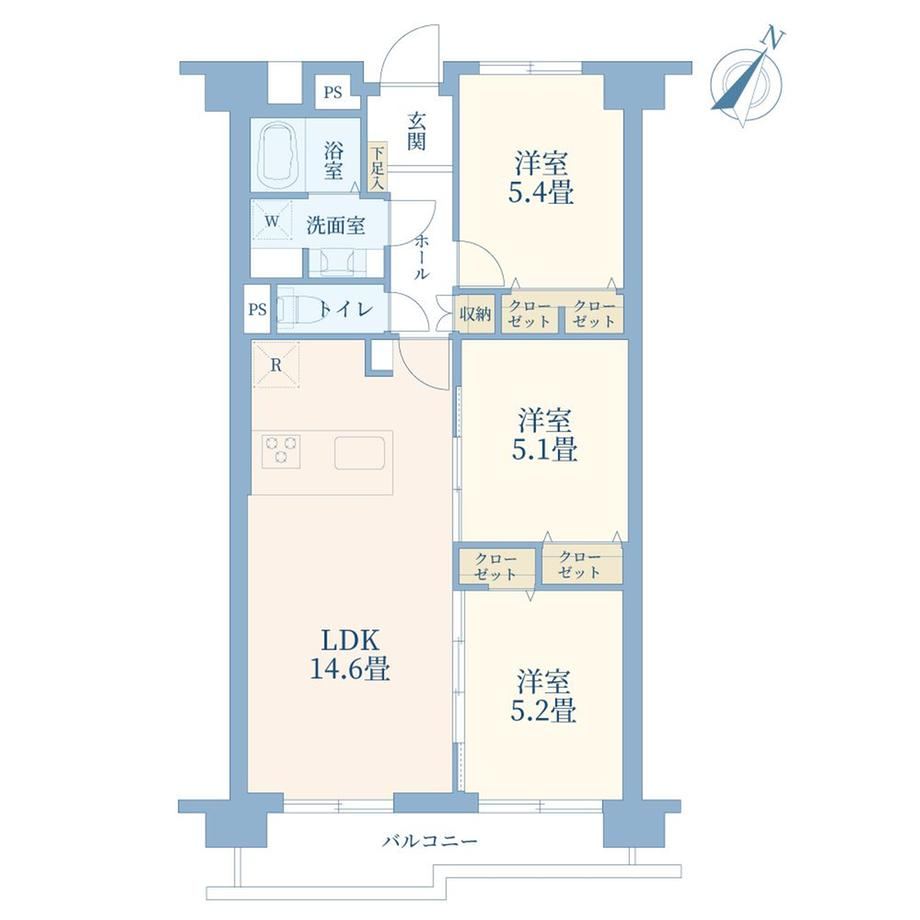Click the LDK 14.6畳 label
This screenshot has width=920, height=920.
(x=350, y=654)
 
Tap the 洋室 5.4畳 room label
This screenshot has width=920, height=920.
(x=541, y=177)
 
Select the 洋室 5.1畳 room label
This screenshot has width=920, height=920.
(x=544, y=435)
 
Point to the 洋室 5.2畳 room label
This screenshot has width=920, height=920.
(x=543, y=696)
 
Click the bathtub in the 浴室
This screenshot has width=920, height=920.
(x=278, y=154)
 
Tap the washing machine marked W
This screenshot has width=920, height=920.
(x=272, y=221)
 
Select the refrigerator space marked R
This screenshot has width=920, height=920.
(x=276, y=364)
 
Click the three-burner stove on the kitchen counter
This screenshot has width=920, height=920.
(x=281, y=451)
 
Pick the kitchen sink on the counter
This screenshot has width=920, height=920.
(x=360, y=452)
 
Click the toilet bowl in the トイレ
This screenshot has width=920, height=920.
(x=296, y=309)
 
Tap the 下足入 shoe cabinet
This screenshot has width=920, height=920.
(x=377, y=167)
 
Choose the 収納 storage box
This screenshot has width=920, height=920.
(x=475, y=314)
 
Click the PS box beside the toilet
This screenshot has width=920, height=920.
(x=258, y=309)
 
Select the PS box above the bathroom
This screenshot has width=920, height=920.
(x=333, y=92)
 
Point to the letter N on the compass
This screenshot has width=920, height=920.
(x=773, y=38)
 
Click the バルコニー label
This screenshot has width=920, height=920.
(x=431, y=842)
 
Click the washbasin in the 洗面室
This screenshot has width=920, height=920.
(x=338, y=262)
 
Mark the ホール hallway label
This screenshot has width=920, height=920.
(x=422, y=257)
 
